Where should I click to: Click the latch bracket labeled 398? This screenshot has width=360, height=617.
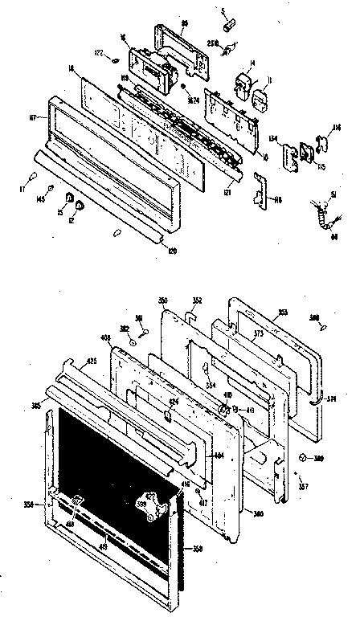coord(153,502)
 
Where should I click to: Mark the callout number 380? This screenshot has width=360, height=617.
coord(259,513)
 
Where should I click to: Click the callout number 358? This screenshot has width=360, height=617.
coord(198,550)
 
